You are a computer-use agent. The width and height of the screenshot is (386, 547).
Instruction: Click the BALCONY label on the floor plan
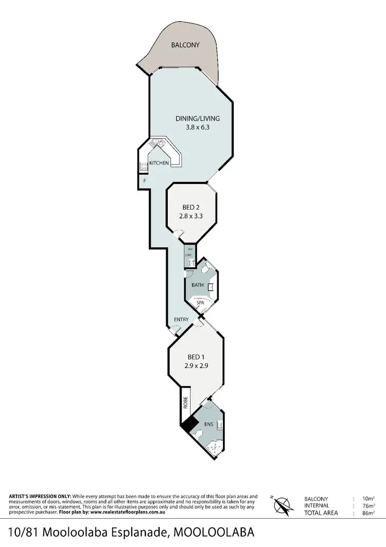pos(185,45)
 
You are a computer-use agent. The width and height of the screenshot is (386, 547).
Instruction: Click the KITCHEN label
pos(159,163)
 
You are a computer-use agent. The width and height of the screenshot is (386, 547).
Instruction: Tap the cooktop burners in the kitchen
pos(143,165)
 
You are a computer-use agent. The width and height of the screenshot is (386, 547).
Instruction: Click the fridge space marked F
pos(145,181)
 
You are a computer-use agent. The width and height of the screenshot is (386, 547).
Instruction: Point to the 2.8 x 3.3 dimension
pos(190,217)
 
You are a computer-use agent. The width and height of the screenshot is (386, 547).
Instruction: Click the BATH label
pos(198,285)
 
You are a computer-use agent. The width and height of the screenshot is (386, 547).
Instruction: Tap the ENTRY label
pos(181,320)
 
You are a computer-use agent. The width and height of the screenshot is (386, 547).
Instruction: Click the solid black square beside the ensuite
pos(188,424)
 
